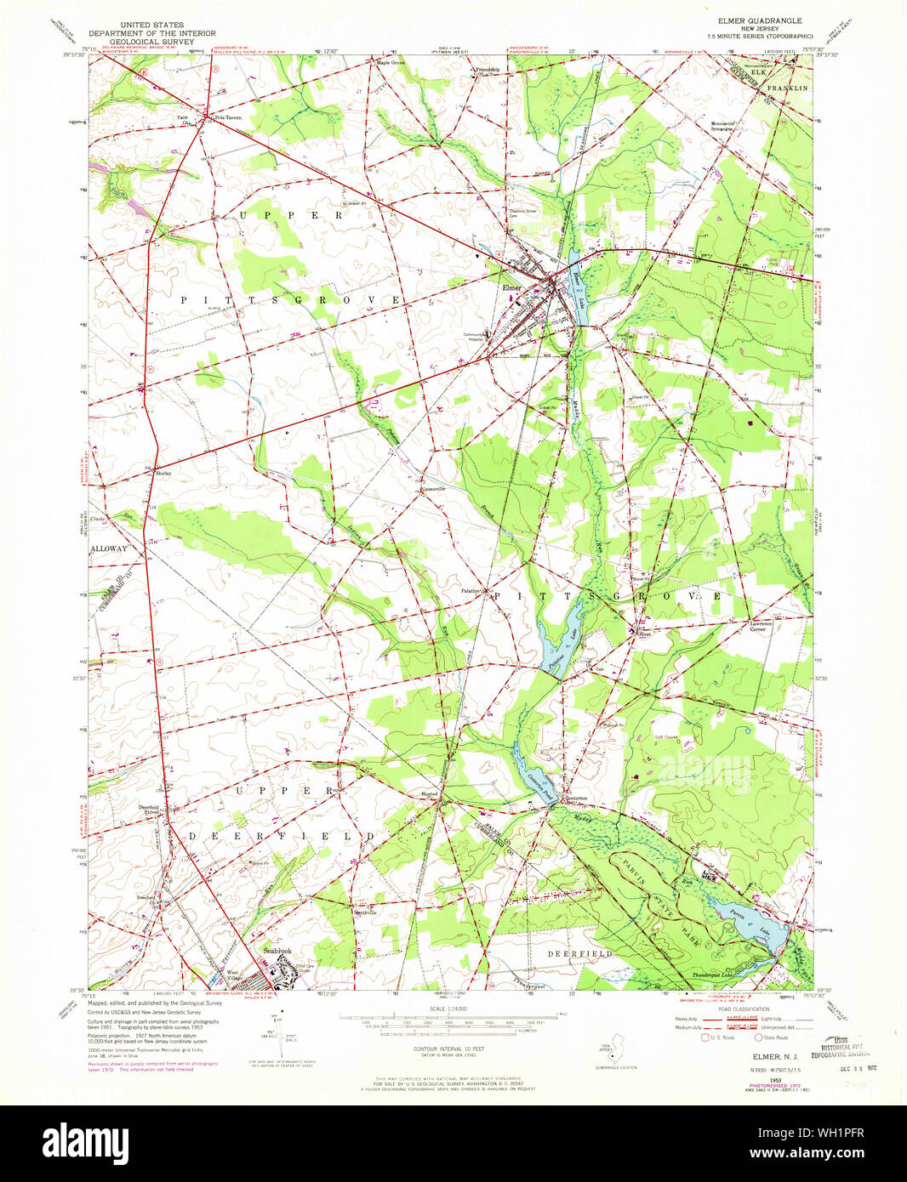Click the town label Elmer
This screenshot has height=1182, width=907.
(511, 288)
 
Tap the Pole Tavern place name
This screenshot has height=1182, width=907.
(228, 118)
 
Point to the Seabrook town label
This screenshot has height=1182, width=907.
(277, 951)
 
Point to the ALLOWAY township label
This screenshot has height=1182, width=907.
(109, 549)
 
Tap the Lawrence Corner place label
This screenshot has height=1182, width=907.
(762, 626)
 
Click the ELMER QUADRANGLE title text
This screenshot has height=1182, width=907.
(760, 20)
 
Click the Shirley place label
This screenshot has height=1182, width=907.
(163, 473)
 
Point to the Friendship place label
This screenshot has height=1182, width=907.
(488, 70)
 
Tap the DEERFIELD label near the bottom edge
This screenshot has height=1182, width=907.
(579, 954)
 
